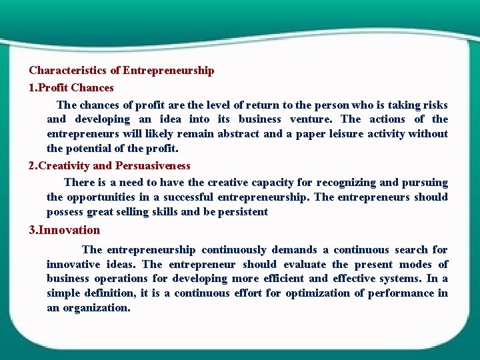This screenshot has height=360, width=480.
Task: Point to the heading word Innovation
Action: click(x=69, y=230)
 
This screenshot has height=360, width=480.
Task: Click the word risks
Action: click(x=434, y=105)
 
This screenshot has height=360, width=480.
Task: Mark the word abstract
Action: click(x=239, y=134)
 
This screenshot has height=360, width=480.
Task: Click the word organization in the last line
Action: click(x=96, y=308)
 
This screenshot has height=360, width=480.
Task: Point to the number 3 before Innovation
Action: click(x=32, y=230)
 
